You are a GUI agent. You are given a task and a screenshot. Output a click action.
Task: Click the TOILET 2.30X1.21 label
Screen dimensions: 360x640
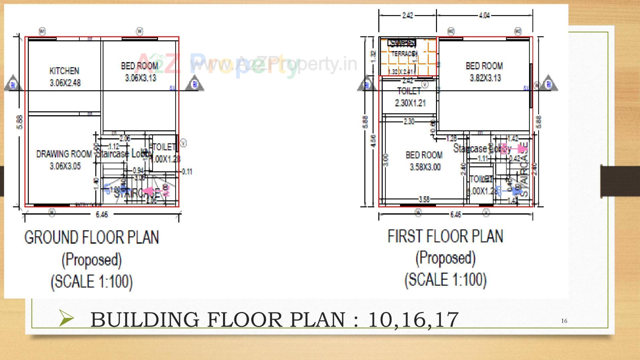tap(410, 97)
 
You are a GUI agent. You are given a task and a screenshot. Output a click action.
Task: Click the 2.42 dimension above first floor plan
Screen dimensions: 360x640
tap(407, 15)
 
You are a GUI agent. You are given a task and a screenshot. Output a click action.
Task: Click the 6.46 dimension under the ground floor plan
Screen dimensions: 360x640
tap(102, 215)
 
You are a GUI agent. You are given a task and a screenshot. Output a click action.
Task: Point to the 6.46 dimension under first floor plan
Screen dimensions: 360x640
tap(455, 215)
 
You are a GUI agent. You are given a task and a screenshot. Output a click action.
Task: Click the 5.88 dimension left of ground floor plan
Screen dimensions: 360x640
tap(20, 122)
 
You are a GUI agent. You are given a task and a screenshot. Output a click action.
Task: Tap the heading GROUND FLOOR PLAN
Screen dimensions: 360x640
tap(92, 237)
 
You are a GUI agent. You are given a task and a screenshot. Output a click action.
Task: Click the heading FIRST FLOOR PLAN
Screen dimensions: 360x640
tap(445, 236)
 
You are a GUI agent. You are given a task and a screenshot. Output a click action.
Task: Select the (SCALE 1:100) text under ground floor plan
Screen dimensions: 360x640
tap(92, 281)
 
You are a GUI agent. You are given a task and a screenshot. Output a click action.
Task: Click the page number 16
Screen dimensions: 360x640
tap(564, 321)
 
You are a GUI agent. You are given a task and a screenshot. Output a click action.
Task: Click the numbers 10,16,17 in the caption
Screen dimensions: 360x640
tap(413, 319)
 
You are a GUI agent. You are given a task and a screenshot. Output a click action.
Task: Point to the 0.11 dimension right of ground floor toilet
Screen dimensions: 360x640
tap(187, 172)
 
